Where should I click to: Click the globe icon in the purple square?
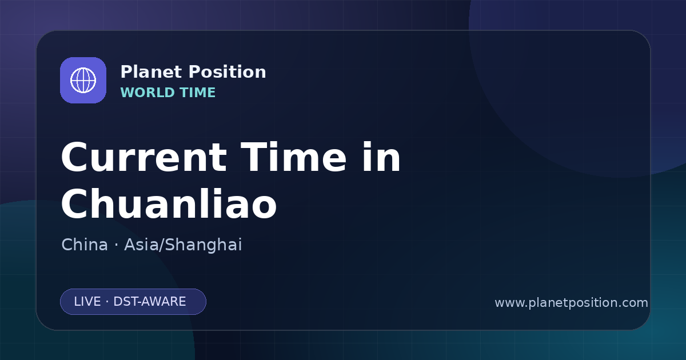(83, 80)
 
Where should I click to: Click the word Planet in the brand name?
(151, 72)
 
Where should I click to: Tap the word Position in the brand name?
(228, 72)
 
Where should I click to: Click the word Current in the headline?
(144, 157)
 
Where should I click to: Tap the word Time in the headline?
(293, 157)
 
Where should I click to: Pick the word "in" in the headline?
(382, 157)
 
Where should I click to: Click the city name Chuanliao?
(169, 203)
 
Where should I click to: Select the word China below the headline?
(85, 245)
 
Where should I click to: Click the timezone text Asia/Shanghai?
(183, 245)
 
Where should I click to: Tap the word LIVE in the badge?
(87, 302)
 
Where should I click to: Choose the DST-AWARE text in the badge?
(150, 302)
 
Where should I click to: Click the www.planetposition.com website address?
(572, 303)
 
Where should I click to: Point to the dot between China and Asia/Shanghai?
(116, 245)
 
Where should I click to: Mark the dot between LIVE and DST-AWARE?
(107, 302)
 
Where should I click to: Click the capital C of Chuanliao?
(74, 203)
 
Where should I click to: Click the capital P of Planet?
(126, 72)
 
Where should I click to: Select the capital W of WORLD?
(127, 93)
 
